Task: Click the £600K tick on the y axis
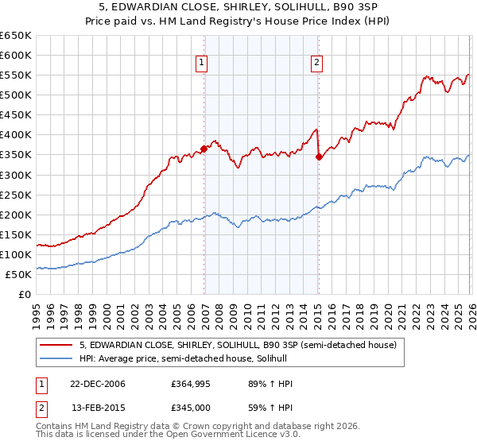coord(16,55)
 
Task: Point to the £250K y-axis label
coord(16,195)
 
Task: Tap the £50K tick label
coord(19,274)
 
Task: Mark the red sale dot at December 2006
coord(204,148)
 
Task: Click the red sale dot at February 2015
coord(319,157)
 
